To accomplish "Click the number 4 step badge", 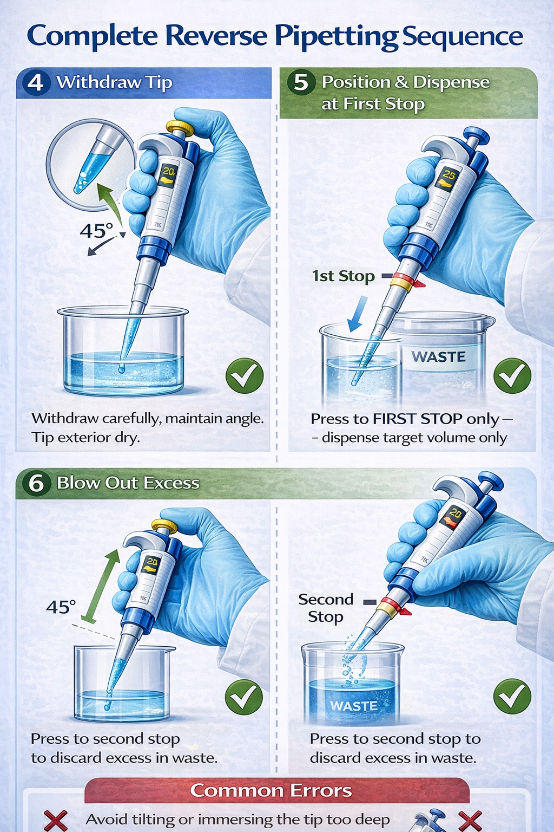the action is tap(36, 82).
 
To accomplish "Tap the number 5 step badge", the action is tap(301, 82).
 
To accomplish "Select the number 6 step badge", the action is tap(36, 483).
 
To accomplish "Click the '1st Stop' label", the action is tap(343, 276).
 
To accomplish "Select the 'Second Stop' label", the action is tap(326, 608).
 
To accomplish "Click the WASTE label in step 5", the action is tap(439, 356).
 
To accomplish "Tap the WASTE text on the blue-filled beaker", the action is tap(354, 706).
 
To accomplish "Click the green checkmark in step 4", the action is tap(245, 375).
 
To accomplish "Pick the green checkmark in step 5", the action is tap(512, 375).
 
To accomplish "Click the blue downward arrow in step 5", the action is tap(358, 314).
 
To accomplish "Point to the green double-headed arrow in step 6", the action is tap(100, 587).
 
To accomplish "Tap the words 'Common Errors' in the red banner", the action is tap(271, 790).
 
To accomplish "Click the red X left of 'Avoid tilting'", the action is tap(56, 820).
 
